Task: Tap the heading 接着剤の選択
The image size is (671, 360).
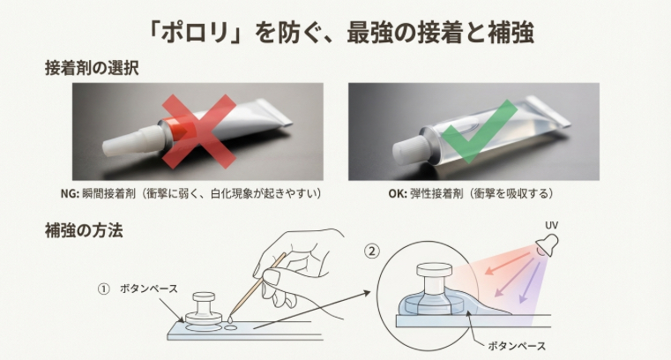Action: (x=93, y=67)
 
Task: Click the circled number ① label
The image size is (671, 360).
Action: (x=104, y=289)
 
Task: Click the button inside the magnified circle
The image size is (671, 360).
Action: (x=432, y=287)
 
